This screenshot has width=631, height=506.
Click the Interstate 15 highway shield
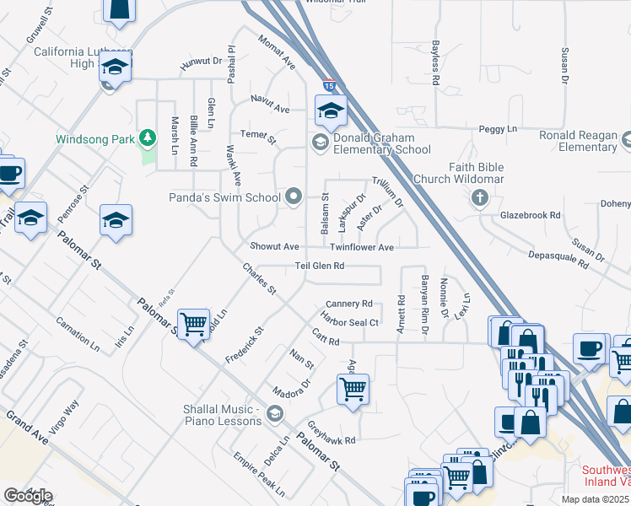click(329, 86)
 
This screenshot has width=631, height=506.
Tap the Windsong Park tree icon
click(148, 137)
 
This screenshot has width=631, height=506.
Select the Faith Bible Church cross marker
click(479, 198)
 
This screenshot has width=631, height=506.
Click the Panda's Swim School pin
click(294, 197)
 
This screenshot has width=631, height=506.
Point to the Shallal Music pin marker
click(274, 413)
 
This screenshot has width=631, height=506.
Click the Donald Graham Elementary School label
click(382, 143)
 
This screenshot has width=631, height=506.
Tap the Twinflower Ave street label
click(362, 247)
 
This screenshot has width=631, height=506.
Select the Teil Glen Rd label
click(320, 266)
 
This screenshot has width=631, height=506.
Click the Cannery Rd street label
click(348, 304)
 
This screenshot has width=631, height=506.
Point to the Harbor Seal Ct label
click(349, 321)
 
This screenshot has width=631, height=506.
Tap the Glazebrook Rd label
click(530, 215)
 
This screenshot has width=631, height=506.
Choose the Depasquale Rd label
click(556, 259)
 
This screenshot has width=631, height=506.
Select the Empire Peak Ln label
click(260, 477)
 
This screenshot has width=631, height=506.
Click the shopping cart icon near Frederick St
click(194, 323)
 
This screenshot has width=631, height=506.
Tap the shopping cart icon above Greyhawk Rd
click(353, 389)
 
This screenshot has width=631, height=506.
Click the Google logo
click(28, 496)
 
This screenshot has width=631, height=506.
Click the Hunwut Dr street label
click(200, 62)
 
